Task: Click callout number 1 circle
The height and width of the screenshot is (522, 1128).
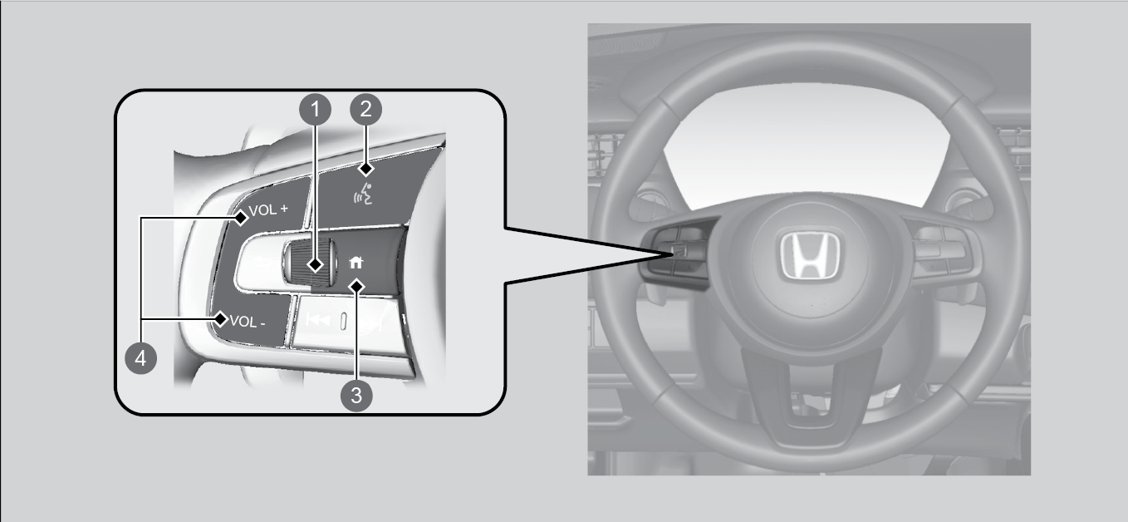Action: (316, 109)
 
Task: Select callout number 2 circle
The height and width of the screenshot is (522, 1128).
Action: (366, 109)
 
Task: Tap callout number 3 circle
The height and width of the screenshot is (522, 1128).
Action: (356, 396)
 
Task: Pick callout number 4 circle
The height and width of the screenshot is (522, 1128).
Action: (141, 358)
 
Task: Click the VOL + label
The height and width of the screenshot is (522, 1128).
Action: (268, 209)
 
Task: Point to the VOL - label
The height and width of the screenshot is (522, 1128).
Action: (248, 321)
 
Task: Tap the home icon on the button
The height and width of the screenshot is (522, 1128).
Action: (356, 262)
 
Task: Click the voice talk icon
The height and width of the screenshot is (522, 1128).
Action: (363, 194)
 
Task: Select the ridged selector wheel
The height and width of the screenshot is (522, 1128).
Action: (310, 263)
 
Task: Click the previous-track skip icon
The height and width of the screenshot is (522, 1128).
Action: (318, 319)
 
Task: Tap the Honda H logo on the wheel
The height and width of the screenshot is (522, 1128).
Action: (809, 255)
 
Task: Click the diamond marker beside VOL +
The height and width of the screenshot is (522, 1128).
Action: (241, 218)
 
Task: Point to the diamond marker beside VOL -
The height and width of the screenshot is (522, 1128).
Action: (221, 319)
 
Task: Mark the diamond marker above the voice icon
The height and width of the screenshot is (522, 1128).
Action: (366, 168)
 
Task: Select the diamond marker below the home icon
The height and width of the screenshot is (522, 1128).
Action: (357, 287)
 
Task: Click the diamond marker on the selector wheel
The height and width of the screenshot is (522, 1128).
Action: (316, 264)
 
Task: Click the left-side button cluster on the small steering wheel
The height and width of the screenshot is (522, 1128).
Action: (677, 252)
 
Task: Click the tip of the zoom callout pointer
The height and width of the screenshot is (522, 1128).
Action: (674, 254)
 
